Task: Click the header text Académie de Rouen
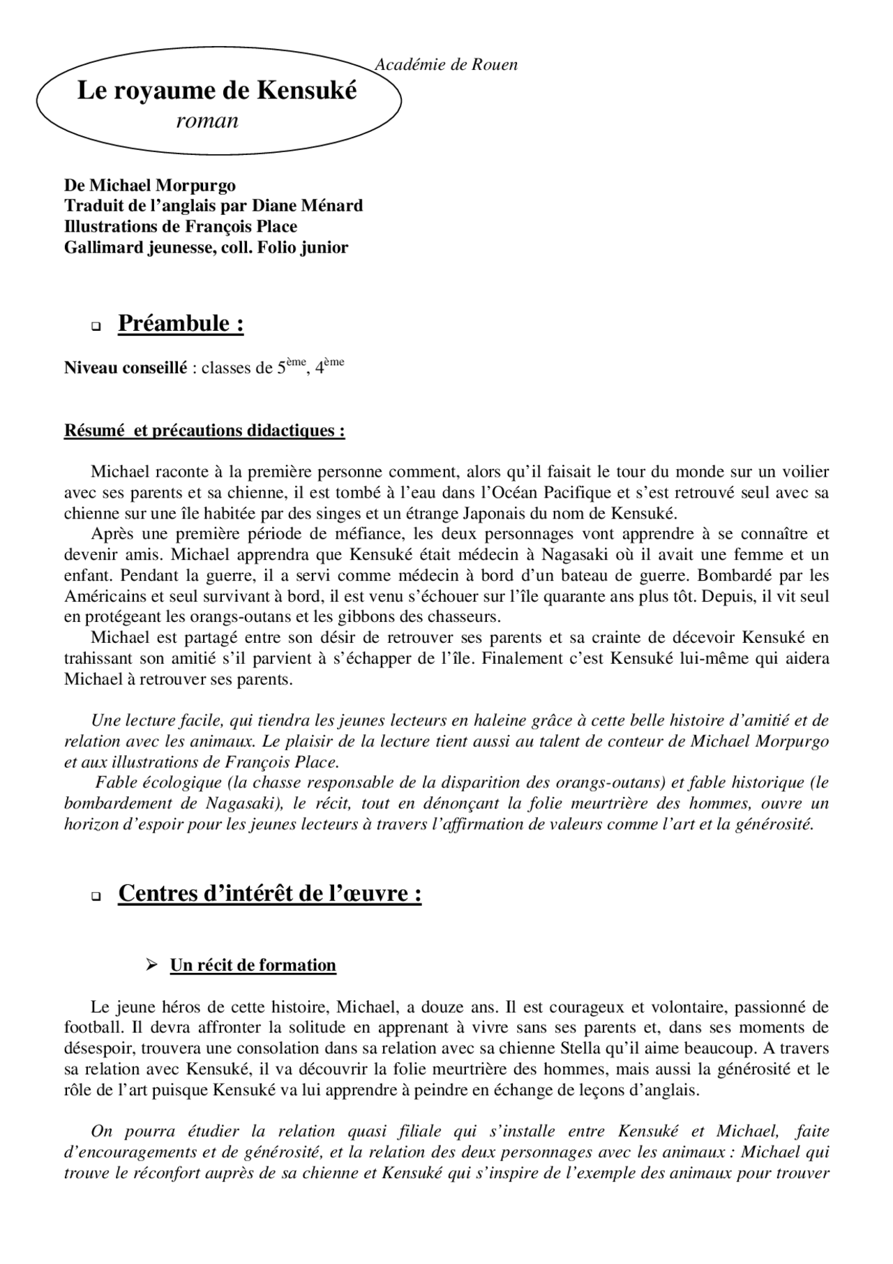(446, 65)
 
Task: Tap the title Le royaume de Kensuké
(216, 91)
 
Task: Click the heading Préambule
(181, 323)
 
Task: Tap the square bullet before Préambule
(96, 326)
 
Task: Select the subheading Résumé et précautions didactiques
(204, 430)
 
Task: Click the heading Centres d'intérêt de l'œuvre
(269, 893)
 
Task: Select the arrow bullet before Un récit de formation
(150, 965)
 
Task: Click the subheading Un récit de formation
(253, 965)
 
